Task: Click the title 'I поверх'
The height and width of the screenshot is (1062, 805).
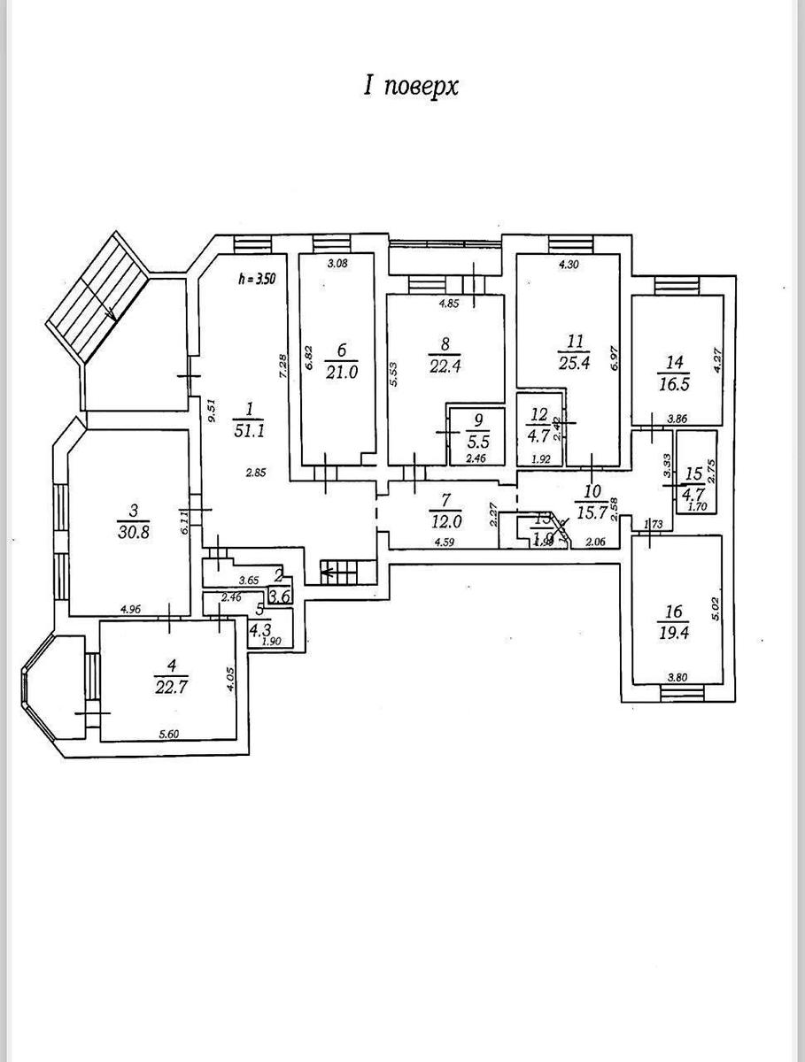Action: click(x=411, y=86)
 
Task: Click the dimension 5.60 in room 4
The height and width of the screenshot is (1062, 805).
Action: click(x=170, y=733)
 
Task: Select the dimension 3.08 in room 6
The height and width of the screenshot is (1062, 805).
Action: click(x=337, y=263)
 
